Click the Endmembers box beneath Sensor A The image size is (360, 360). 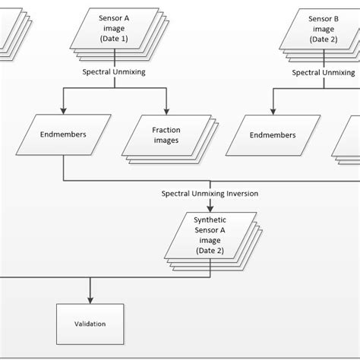tap(62, 135)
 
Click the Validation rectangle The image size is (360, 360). tap(90, 324)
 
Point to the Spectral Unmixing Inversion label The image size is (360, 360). tap(210, 194)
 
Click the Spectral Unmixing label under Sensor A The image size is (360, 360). tap(114, 72)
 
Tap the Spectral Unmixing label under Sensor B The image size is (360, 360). tap(324, 72)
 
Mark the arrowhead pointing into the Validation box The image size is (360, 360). tap(90, 298)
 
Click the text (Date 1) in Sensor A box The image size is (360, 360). tap(114, 39)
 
